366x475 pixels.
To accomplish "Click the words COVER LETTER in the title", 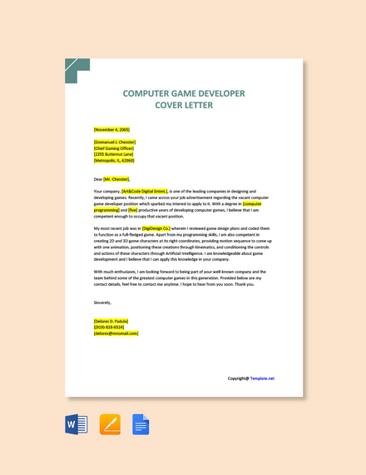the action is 184,106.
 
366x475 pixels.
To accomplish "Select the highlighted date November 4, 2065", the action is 111,130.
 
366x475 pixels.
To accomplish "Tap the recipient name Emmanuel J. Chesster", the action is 115,142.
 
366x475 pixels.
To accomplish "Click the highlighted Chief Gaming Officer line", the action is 114,148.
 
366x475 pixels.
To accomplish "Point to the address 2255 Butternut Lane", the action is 113,154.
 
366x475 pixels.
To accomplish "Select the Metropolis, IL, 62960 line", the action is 114,161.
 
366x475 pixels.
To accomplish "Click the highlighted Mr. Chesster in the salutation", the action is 116,179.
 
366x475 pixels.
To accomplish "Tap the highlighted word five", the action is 132,210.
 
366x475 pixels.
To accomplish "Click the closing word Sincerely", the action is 102,302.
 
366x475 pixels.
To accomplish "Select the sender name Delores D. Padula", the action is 111,321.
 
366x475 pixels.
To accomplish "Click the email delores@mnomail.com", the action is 116,333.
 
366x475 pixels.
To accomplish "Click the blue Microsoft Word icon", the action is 77,424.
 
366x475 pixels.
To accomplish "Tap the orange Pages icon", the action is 110,424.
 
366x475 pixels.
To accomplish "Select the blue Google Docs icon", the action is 141,424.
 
